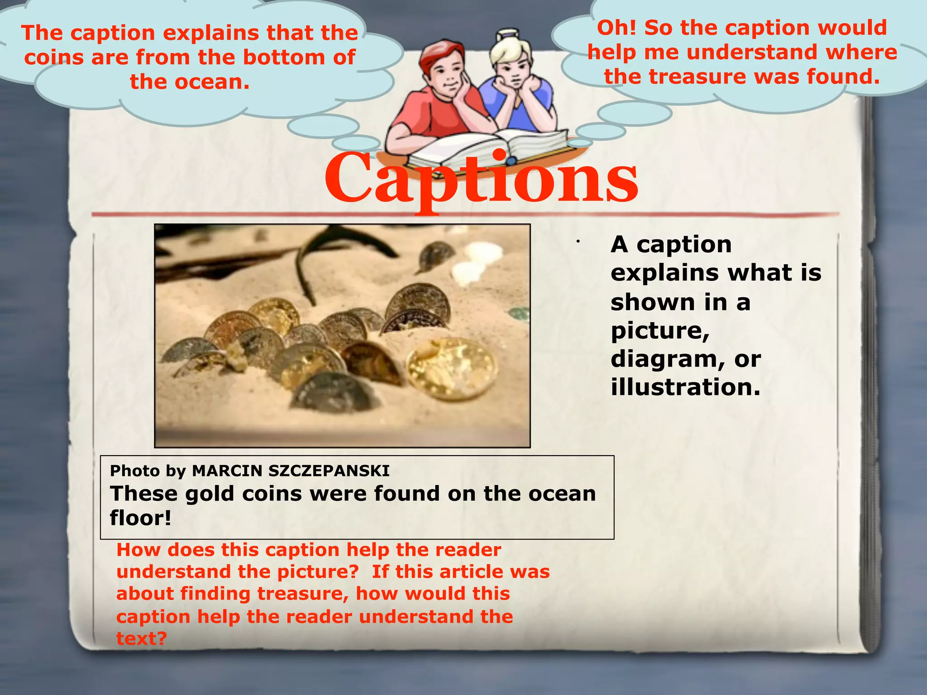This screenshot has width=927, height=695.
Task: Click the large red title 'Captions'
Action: click(481, 179)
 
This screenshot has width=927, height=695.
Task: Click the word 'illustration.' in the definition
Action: click(685, 387)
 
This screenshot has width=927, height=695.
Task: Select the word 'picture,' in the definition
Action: click(660, 331)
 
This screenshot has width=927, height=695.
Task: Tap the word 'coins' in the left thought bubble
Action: click(54, 57)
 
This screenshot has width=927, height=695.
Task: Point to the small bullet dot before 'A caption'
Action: click(578, 242)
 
